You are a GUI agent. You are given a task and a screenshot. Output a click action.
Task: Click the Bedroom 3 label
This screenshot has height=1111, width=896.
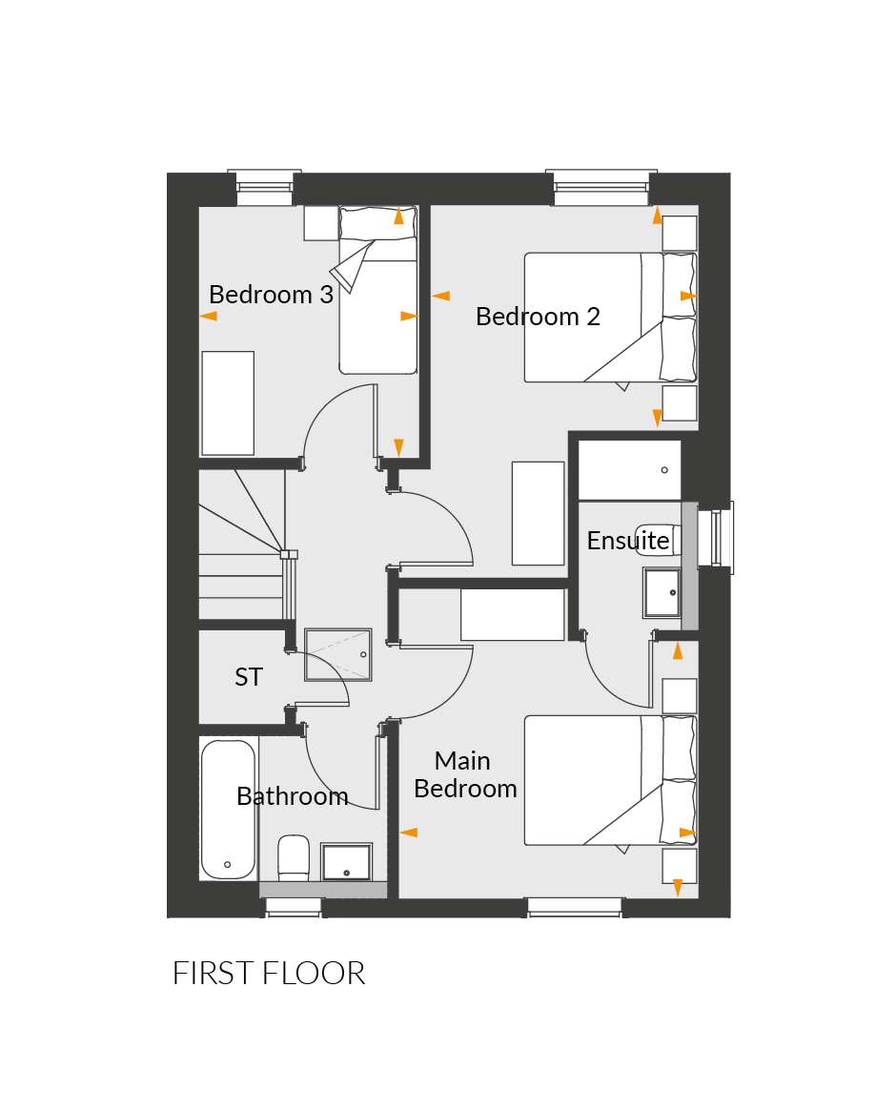tap(271, 294)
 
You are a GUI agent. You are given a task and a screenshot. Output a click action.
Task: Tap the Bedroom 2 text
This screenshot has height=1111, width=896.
tap(538, 316)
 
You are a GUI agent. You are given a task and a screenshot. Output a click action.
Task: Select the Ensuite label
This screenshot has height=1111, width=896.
tap(627, 541)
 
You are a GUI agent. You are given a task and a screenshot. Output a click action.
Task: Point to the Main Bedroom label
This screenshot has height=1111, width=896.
tap(464, 774)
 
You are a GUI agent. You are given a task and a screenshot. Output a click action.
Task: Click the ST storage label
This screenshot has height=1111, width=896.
tap(249, 677)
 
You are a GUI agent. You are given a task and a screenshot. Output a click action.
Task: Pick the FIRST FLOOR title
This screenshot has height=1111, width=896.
tap(269, 974)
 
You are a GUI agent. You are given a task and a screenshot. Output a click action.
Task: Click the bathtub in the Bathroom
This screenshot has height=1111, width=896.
tap(228, 809)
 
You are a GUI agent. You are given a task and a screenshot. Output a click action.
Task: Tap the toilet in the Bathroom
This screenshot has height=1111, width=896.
tap(294, 857)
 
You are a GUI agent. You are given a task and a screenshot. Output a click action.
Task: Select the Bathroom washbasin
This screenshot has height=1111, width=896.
tap(346, 862)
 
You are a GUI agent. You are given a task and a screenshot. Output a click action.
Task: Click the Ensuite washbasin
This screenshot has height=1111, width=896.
tap(662, 592)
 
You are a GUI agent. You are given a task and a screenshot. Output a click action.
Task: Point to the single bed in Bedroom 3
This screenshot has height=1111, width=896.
tap(377, 290)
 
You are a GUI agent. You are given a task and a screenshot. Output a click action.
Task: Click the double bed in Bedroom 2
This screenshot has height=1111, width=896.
tap(611, 318)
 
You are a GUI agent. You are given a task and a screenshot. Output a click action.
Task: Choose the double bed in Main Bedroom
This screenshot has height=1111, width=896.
tap(611, 780)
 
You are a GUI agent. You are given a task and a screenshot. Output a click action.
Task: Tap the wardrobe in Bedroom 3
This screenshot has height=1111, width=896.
tap(228, 403)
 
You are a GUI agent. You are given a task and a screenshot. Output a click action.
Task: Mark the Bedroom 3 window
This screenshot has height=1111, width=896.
tap(264, 187)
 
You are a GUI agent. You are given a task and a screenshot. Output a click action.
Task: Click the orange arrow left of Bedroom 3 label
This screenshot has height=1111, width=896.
tap(208, 316)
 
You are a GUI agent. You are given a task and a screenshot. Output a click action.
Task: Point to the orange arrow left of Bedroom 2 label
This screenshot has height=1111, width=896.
tap(440, 296)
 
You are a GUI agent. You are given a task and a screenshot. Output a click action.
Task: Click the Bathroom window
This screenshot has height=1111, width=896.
tap(294, 908)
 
